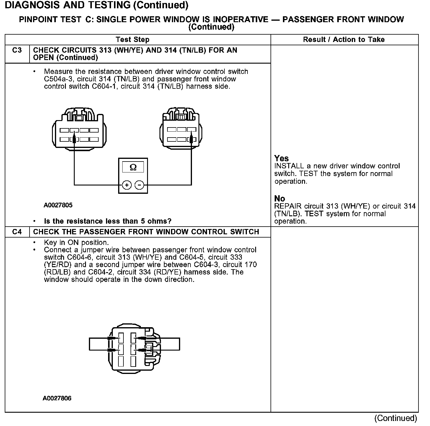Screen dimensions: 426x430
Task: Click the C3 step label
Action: (x=17, y=50)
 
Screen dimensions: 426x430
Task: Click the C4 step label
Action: (x=17, y=232)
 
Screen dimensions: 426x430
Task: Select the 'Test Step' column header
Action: (x=133, y=40)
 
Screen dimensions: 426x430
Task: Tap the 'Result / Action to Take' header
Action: (x=344, y=40)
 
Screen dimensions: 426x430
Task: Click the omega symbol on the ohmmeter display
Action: (x=133, y=167)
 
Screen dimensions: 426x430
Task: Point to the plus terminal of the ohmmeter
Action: (x=127, y=185)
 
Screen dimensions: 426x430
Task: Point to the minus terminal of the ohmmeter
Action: (x=139, y=185)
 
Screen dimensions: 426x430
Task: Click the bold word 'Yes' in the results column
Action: (x=281, y=158)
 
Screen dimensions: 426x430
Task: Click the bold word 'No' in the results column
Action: (x=279, y=198)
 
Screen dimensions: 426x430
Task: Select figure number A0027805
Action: (x=58, y=205)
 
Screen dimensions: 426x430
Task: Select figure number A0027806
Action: (x=57, y=398)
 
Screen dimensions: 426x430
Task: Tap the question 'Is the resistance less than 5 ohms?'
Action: (x=107, y=221)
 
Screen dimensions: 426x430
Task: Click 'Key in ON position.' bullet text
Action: (x=76, y=243)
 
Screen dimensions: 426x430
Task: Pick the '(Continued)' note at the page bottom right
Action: (x=395, y=418)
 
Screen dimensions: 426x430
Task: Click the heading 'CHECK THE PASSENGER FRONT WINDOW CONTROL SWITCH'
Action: (x=146, y=232)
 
